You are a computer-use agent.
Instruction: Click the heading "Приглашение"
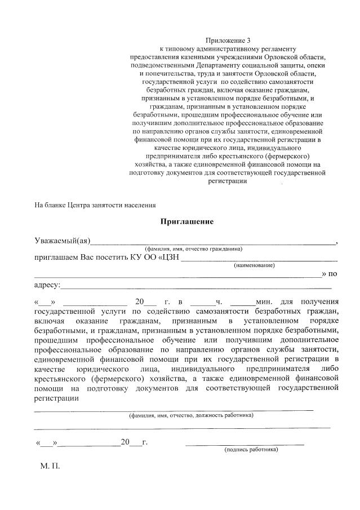(x=188, y=221)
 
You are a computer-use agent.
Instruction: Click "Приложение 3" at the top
(x=227, y=41)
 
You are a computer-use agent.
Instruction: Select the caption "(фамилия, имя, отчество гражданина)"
(x=193, y=249)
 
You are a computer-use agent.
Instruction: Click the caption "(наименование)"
(x=254, y=265)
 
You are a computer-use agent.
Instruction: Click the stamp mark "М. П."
(x=50, y=467)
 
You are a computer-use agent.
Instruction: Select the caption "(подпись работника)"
(x=251, y=450)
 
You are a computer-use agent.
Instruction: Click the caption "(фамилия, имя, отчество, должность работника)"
(x=190, y=415)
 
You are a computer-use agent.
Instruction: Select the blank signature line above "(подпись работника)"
(x=245, y=444)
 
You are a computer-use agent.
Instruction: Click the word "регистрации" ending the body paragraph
(x=56, y=398)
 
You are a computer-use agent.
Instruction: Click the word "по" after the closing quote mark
(x=332, y=274)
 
